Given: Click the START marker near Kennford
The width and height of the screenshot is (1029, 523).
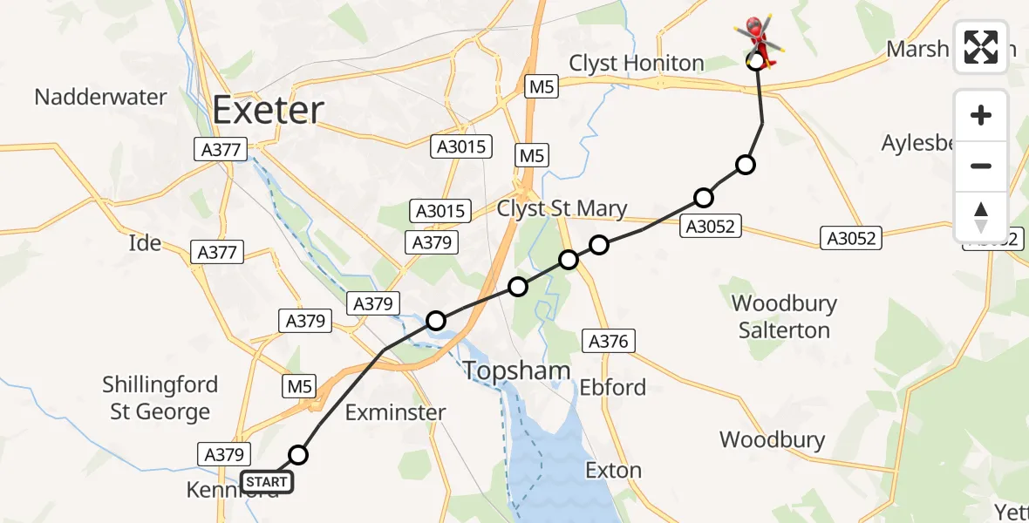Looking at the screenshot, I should coord(267,481).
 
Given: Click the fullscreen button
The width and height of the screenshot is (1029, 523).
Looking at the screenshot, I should coord(981,47).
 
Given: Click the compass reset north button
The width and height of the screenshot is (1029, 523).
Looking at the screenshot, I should coord(981,217).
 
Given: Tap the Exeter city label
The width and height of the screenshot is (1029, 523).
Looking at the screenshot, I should coord(268,111).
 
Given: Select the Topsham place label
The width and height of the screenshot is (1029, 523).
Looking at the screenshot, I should coord(516,370).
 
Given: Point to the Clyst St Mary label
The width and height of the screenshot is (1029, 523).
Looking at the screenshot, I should coord(562,208).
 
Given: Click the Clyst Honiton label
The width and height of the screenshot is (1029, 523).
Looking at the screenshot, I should coord(636,63).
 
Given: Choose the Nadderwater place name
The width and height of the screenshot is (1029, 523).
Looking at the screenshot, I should coord(100,96).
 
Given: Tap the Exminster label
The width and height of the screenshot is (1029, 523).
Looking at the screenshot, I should coord(395,412).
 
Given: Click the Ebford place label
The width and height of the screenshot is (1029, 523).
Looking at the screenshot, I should coord(613,387).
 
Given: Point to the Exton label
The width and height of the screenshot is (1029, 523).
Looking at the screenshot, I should coord(613,471).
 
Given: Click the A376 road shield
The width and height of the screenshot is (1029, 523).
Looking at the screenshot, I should coord(608,342).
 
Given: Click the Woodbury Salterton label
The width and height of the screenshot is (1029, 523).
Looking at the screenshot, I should coord(784,316).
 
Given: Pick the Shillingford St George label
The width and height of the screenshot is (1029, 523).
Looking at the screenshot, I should coord(160,397).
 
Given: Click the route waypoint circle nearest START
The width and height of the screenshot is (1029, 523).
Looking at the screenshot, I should coord(298,454).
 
